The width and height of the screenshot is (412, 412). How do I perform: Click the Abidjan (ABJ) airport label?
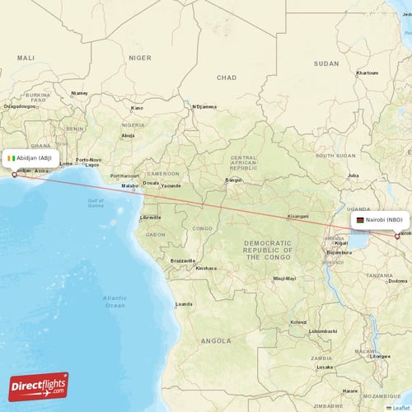point(36,158)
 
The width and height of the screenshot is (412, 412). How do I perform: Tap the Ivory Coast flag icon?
point(12,158)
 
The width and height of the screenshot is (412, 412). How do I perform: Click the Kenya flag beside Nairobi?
point(359,222)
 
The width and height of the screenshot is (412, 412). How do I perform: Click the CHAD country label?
point(226,77)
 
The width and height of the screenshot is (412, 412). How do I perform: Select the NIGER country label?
point(140,58)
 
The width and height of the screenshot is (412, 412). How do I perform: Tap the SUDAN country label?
point(326,63)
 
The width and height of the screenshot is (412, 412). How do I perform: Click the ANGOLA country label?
point(217,339)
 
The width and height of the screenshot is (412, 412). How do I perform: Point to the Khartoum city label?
point(367,73)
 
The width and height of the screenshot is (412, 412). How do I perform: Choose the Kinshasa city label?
point(206,268)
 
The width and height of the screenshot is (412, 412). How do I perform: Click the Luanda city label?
point(183,304)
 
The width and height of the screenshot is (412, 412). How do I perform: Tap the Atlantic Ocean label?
point(115,301)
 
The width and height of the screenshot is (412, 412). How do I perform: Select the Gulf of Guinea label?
point(96,203)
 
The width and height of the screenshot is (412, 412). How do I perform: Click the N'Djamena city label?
point(204,106)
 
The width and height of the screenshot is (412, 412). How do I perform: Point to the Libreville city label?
point(150,217)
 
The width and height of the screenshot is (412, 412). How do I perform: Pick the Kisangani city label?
point(297,216)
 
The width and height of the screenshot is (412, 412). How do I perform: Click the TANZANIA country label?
point(382,275)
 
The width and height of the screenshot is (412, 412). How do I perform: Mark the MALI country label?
point(26,58)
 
